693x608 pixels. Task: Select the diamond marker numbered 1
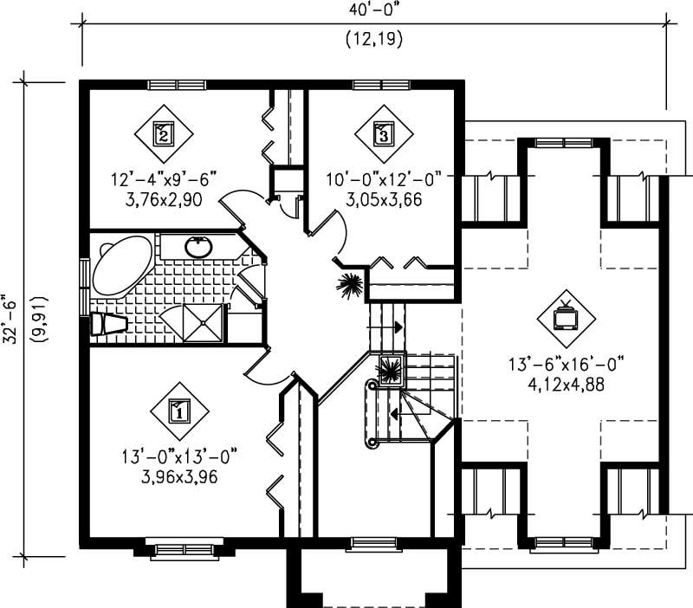click(179, 411)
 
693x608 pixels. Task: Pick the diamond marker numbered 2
click(163, 133)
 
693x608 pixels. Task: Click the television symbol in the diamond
click(566, 318)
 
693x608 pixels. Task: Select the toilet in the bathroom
click(107, 324)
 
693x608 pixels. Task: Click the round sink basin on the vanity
click(198, 248)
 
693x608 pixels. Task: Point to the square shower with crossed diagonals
click(204, 324)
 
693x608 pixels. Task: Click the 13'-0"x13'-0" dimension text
click(179, 455)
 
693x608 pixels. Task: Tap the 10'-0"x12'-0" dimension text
click(384, 179)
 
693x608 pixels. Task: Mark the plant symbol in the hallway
click(351, 286)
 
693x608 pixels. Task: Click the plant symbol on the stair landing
click(389, 370)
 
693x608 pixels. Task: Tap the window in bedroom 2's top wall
click(170, 85)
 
